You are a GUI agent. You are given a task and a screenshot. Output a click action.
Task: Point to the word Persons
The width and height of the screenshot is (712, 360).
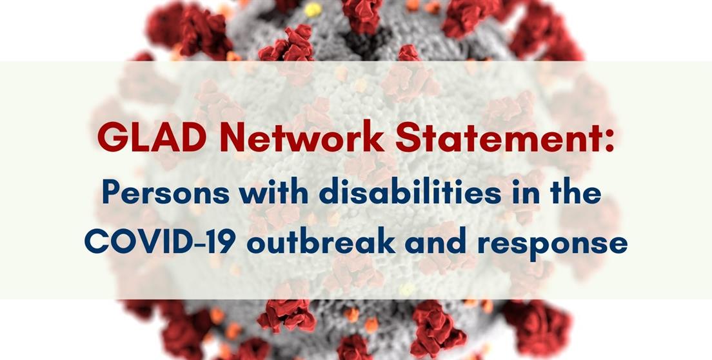[x=166, y=192]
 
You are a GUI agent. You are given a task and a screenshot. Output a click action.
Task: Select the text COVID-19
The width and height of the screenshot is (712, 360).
[x=160, y=243]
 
